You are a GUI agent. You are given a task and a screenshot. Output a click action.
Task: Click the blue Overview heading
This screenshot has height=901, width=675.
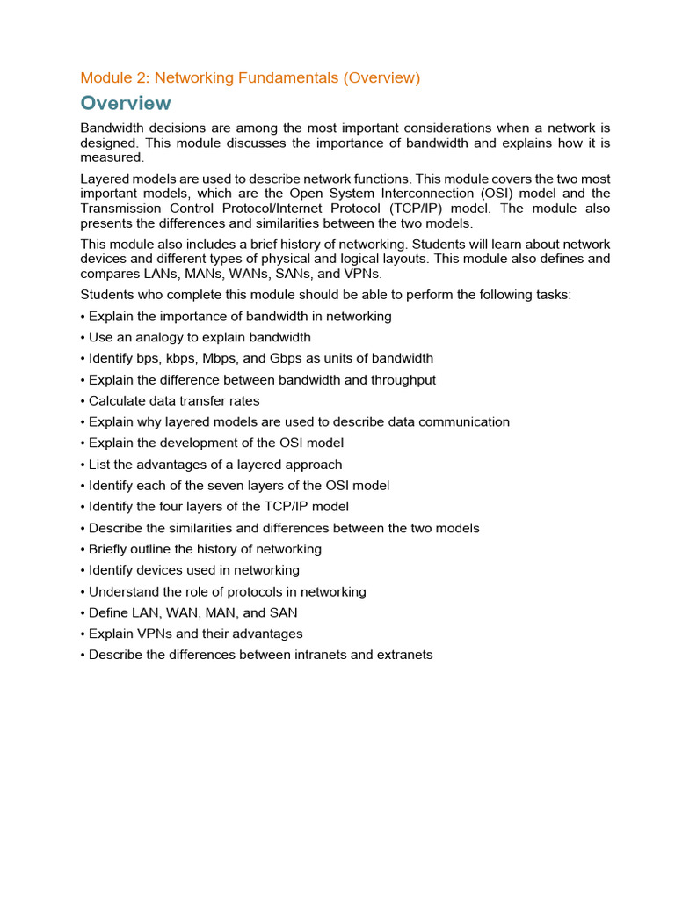click(126, 103)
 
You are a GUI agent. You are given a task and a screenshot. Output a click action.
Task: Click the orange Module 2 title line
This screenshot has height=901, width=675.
click(250, 77)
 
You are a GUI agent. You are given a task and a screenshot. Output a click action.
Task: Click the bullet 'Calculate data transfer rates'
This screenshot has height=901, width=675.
click(174, 400)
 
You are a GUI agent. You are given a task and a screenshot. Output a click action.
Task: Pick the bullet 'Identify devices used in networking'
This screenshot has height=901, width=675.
click(193, 570)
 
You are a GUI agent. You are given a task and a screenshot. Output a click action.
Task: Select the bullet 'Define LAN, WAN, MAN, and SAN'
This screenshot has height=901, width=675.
click(193, 612)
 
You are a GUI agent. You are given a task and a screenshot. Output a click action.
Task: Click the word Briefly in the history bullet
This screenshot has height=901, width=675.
click(110, 549)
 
